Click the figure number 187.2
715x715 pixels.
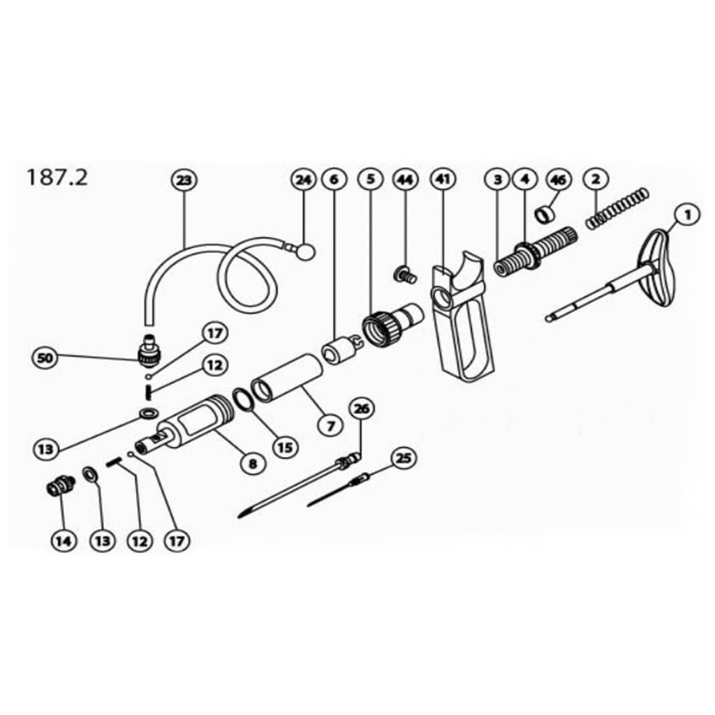pyautogui.click(x=57, y=177)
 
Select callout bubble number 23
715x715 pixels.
pyautogui.click(x=184, y=180)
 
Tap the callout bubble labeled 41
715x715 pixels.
pyautogui.click(x=441, y=179)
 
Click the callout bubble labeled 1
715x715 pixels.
pyautogui.click(x=688, y=215)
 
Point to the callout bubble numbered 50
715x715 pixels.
pyautogui.click(x=45, y=359)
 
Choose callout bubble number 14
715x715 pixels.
pyautogui.click(x=64, y=541)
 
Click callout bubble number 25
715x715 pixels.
pyautogui.click(x=404, y=458)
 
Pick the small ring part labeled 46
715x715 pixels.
pyautogui.click(x=545, y=212)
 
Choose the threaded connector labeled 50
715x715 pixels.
pyautogui.click(x=147, y=349)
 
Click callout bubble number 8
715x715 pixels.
pyautogui.click(x=252, y=462)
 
